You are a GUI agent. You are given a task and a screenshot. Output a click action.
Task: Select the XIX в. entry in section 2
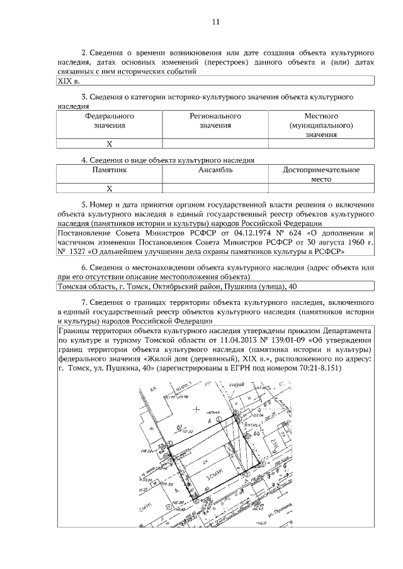click(69, 81)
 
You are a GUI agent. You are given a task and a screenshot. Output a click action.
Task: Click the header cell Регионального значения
click(215, 121)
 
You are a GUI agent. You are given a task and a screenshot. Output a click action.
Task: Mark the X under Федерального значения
click(109, 144)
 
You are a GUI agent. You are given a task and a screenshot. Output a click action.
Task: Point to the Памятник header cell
click(109, 170)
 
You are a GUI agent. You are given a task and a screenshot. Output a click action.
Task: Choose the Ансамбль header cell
click(215, 170)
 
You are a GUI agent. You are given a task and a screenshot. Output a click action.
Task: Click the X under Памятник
click(109, 188)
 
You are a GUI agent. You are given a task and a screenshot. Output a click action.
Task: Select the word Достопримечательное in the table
click(321, 170)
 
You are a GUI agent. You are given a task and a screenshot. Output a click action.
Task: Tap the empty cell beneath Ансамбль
click(215, 188)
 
